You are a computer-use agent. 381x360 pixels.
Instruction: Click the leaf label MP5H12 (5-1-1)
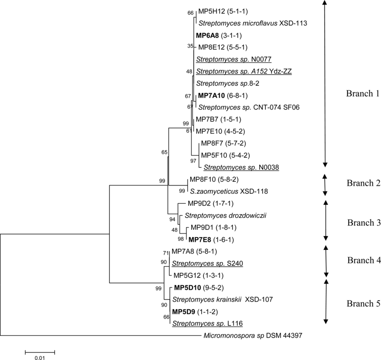(222, 12)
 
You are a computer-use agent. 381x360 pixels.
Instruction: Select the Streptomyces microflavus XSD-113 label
(252, 23)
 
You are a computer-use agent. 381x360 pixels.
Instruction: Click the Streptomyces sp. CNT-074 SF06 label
(249, 107)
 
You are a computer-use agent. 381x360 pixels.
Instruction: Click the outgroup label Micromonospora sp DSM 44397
(252, 336)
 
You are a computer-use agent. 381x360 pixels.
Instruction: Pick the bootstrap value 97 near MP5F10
(193, 161)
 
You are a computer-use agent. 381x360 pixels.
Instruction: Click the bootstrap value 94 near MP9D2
(172, 219)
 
